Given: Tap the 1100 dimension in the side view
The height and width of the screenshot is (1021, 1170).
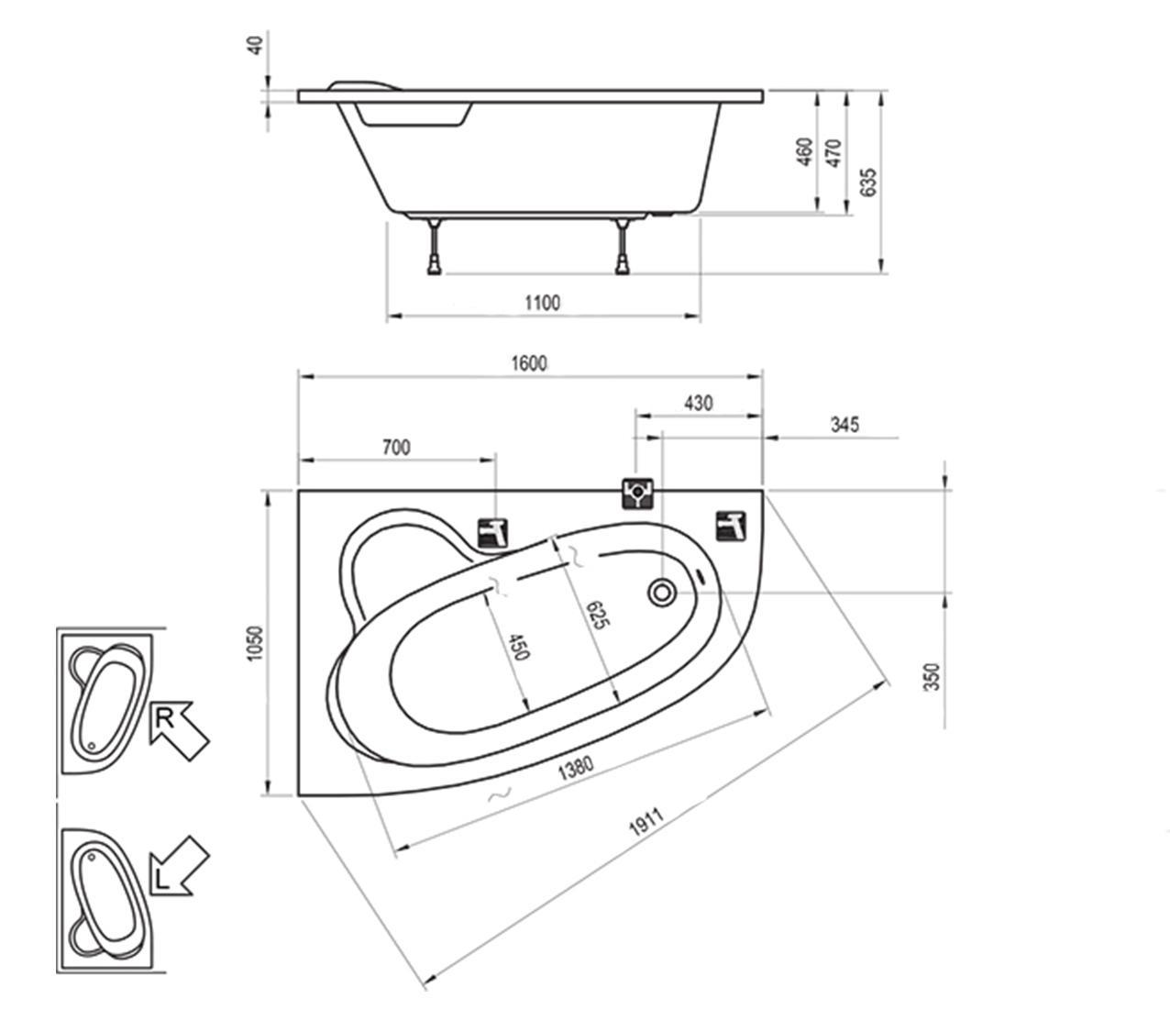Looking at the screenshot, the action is coord(543,303).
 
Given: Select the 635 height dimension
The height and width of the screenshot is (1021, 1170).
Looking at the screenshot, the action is coord(867,183).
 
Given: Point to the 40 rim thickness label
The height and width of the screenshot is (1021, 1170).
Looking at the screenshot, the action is coord(257,45).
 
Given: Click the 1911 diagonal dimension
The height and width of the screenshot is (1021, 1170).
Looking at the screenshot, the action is coord(646,821).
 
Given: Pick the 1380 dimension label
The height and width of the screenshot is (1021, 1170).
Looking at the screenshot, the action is coord(576,768).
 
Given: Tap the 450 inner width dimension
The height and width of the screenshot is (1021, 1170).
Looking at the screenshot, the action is coord(519,647).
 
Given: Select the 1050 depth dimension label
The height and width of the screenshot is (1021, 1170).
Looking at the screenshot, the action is coord(255,643).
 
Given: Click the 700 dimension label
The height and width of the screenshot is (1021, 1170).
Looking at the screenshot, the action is coord(396,448).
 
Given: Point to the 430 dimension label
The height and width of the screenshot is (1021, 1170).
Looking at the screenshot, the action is coord(698,404).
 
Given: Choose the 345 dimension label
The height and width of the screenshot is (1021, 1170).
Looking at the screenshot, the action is coord(844,425).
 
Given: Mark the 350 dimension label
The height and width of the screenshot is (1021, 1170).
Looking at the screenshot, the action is coord(932,677).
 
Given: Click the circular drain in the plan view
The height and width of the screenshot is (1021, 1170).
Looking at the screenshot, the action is coord(662,592).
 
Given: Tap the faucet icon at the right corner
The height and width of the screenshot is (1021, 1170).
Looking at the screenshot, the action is coord(732,527).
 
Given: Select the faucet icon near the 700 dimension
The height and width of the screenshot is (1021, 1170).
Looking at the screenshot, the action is coord(493,533).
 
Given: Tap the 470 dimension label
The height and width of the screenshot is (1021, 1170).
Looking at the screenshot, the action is coord(834,153).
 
